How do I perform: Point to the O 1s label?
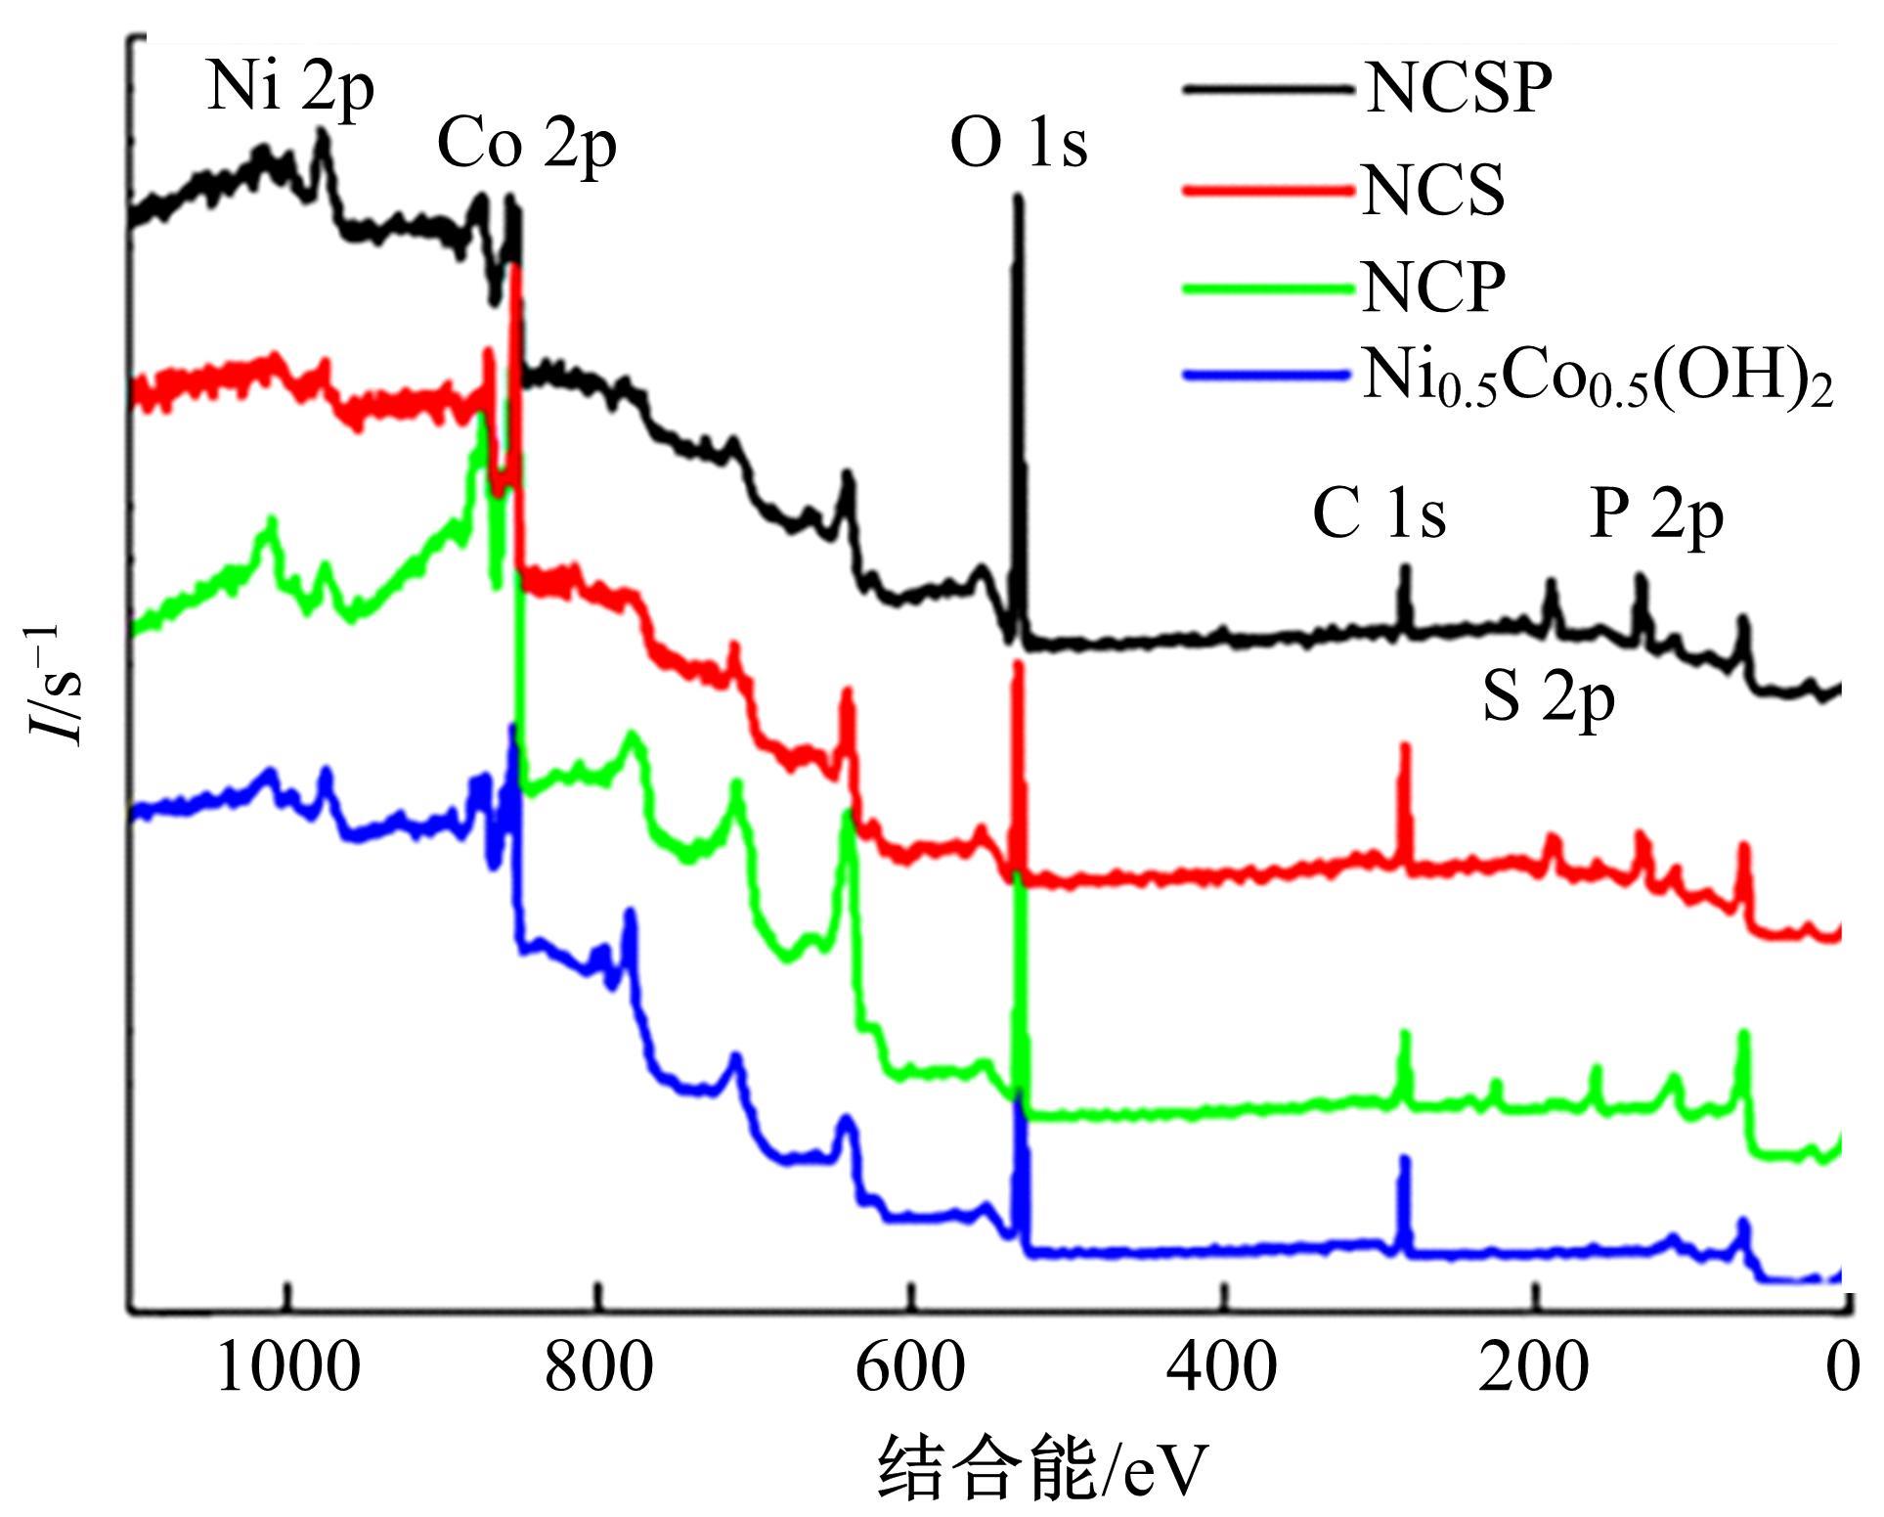1019,145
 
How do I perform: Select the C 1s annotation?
1379,515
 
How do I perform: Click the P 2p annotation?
1656,515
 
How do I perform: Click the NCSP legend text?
1459,90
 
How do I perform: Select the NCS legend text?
1433,191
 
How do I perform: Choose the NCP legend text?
1433,288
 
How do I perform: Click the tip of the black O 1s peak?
1018,199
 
